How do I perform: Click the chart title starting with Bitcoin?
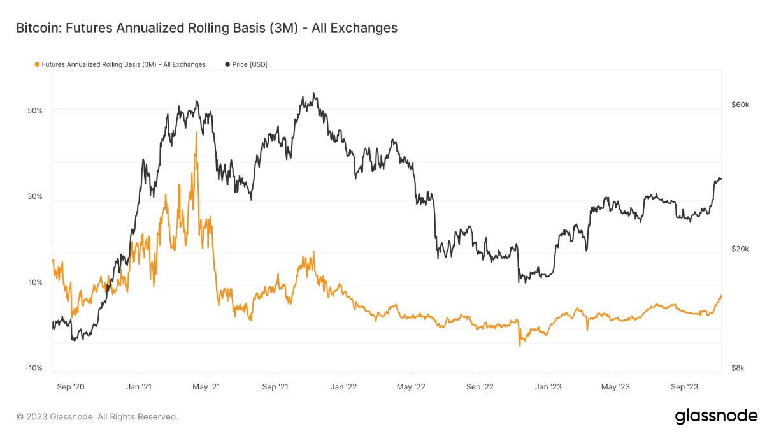tap(206, 28)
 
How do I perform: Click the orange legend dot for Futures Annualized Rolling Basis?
tap(37, 64)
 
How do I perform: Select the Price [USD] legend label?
tap(249, 64)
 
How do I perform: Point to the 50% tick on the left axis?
tap(34, 110)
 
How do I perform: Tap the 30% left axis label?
tap(34, 196)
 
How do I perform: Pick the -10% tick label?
tap(33, 368)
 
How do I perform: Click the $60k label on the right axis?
tap(739, 105)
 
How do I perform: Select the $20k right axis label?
tap(739, 249)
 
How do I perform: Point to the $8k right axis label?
tap(737, 368)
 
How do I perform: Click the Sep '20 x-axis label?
tap(70, 387)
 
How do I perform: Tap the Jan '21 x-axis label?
tap(138, 387)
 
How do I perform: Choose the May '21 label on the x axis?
tap(206, 387)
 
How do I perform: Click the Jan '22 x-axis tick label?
tap(343, 387)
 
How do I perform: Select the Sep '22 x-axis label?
tap(480, 387)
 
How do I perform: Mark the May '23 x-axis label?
tap(615, 387)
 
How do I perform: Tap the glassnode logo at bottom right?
tap(716, 416)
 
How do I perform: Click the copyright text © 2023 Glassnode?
tap(97, 417)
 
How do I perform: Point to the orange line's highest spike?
tap(196, 133)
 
